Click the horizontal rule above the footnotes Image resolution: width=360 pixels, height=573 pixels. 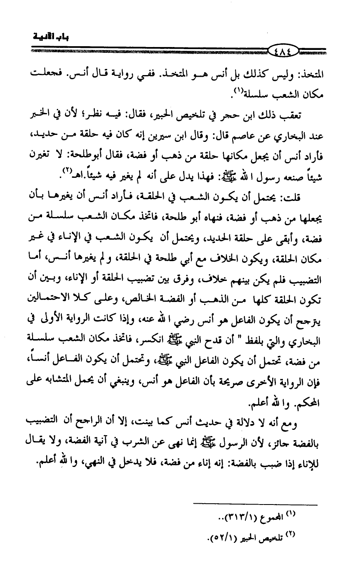255,504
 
